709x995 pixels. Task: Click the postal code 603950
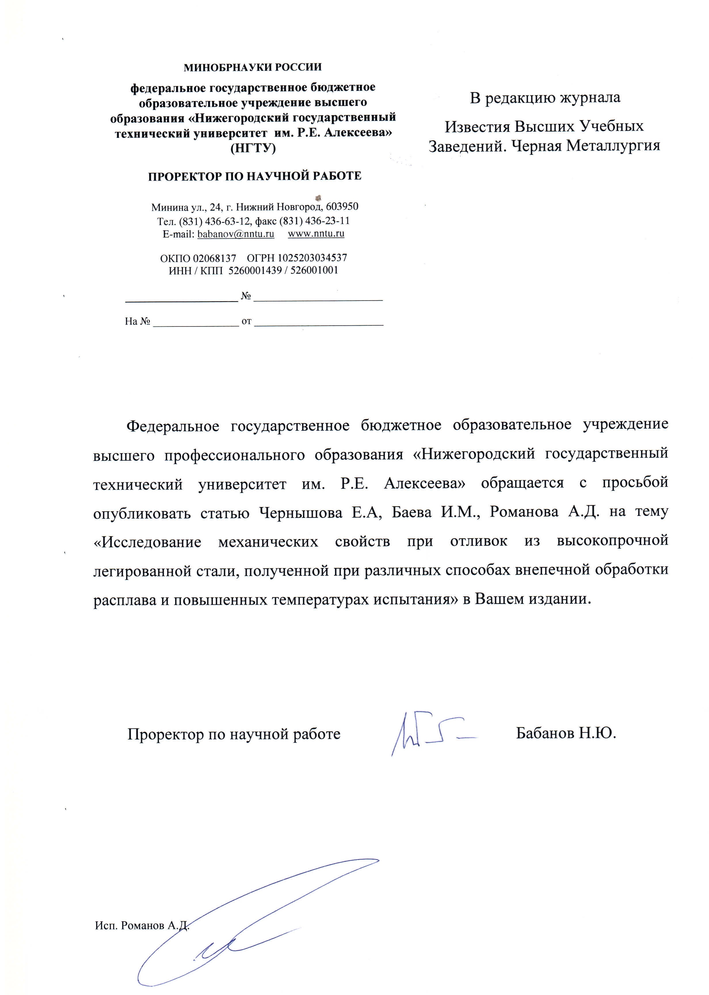coord(342,206)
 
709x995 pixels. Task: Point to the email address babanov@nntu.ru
coord(236,234)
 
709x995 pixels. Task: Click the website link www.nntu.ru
coord(316,234)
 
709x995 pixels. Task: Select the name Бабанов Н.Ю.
coord(566,733)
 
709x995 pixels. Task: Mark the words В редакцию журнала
coord(545,98)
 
